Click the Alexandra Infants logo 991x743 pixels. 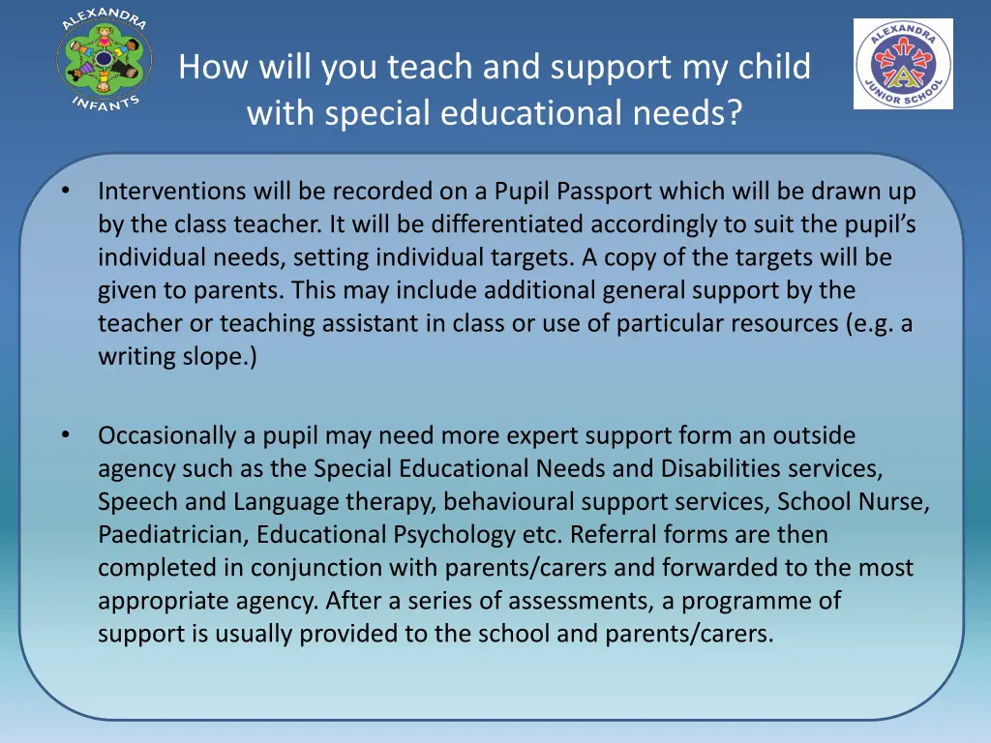tap(104, 58)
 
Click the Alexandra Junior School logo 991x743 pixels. tap(903, 64)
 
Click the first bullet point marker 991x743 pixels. tap(64, 191)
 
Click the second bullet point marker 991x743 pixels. tap(64, 435)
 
